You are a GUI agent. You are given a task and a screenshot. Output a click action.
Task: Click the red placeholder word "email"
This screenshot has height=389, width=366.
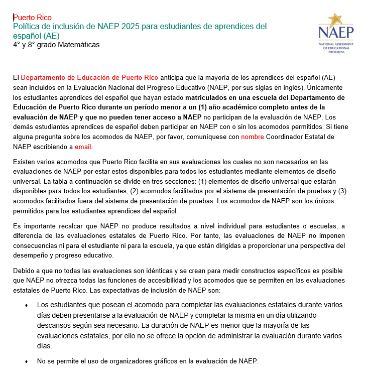point(83,147)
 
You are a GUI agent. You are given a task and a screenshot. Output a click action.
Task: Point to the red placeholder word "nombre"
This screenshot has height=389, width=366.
point(253,137)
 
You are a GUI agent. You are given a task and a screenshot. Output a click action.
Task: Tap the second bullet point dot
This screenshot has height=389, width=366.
point(26,361)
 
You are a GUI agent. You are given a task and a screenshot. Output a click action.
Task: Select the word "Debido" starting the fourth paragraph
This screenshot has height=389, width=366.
point(24,271)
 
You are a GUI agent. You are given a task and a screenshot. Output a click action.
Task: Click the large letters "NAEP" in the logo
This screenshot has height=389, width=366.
point(336,34)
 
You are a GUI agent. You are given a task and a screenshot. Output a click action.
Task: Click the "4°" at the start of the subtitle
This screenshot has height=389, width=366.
point(17,45)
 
